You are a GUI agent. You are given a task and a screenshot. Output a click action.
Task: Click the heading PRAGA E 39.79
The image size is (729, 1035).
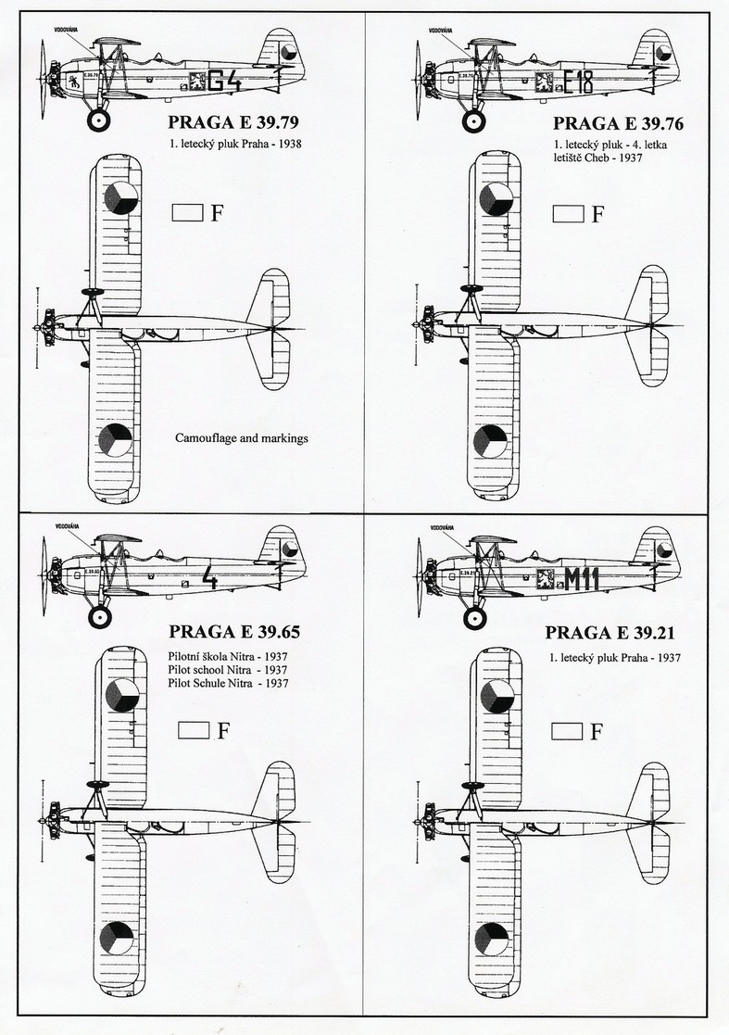pos(233,121)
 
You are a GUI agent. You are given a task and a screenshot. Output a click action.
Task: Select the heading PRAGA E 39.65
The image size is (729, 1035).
pos(233,633)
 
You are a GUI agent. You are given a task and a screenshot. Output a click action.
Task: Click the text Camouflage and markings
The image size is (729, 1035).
pos(241,436)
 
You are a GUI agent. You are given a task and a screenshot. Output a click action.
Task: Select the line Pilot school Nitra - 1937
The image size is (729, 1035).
pos(226,669)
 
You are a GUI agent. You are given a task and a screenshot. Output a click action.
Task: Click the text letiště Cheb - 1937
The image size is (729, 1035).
pos(597,158)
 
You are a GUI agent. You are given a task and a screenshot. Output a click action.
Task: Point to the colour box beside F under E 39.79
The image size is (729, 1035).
pos(188,213)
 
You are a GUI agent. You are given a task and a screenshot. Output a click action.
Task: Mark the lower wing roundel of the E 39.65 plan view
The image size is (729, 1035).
pos(118,939)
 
